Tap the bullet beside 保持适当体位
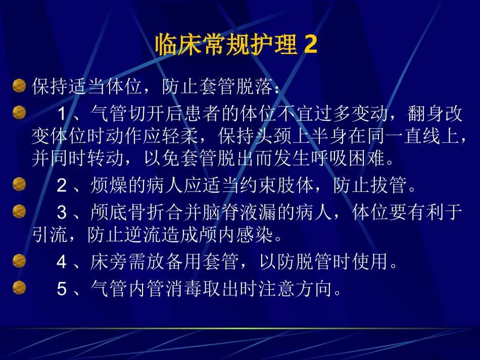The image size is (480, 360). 19,86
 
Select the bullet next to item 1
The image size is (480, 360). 19,112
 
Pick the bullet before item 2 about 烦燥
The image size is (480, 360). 19,185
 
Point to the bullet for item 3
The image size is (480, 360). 19,210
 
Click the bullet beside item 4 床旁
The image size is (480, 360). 19,261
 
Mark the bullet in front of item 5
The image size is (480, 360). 19,287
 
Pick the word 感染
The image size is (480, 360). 256,235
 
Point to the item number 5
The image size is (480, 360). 62,289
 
